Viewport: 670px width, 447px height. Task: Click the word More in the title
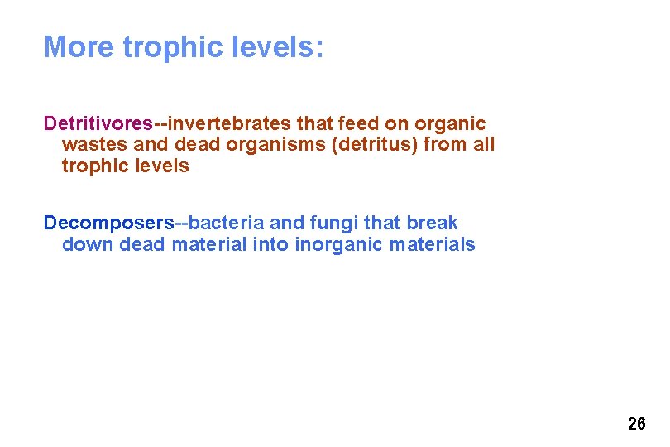(x=79, y=47)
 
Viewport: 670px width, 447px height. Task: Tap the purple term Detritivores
(x=98, y=123)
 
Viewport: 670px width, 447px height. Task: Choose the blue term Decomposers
(x=108, y=223)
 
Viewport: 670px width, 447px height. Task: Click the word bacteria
(x=226, y=223)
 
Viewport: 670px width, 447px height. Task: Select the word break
(x=432, y=223)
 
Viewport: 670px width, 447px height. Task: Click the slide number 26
(x=636, y=425)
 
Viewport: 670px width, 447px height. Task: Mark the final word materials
(x=435, y=245)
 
